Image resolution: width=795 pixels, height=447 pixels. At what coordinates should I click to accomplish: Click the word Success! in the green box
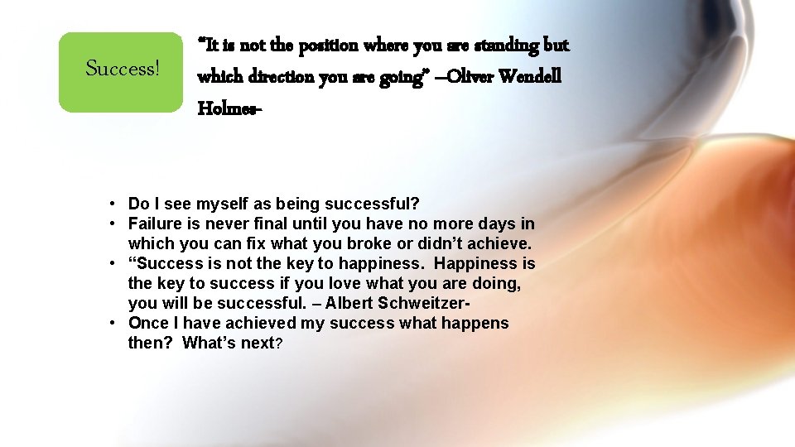point(123,69)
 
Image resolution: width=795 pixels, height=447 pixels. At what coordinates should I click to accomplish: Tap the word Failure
point(156,224)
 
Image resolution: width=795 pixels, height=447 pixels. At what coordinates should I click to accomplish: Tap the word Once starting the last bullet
point(149,324)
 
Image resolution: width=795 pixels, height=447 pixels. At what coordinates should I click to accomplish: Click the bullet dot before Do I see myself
point(110,204)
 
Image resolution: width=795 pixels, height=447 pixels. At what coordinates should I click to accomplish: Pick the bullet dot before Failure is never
point(110,224)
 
